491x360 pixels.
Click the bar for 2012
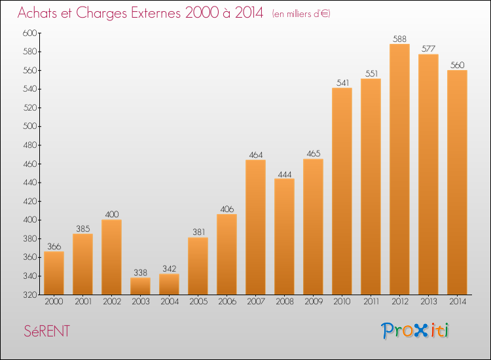click(399, 169)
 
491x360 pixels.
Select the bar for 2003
click(140, 286)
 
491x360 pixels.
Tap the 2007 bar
click(255, 227)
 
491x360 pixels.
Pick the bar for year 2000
click(54, 273)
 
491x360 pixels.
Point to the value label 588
click(399, 39)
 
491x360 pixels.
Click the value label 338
click(140, 273)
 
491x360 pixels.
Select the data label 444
click(285, 174)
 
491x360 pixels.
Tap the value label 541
click(342, 82)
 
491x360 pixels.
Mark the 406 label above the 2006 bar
click(227, 209)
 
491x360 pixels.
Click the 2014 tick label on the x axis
click(458, 302)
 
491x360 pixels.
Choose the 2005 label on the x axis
click(198, 302)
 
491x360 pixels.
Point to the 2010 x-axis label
click(342, 302)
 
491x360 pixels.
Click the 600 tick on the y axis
click(29, 33)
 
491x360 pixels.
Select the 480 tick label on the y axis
click(30, 145)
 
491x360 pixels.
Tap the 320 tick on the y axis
click(30, 295)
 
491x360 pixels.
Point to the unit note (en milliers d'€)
click(301, 14)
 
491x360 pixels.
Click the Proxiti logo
click(415, 331)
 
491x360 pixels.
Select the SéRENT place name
click(47, 331)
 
